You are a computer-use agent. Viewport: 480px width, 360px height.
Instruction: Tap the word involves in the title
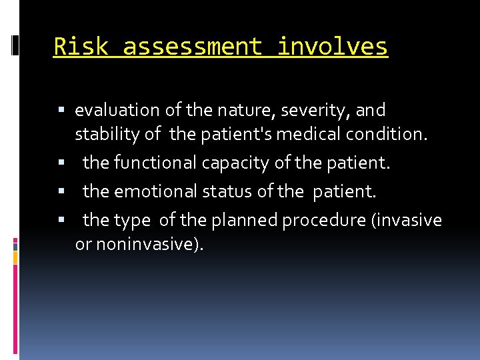coord(332,47)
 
